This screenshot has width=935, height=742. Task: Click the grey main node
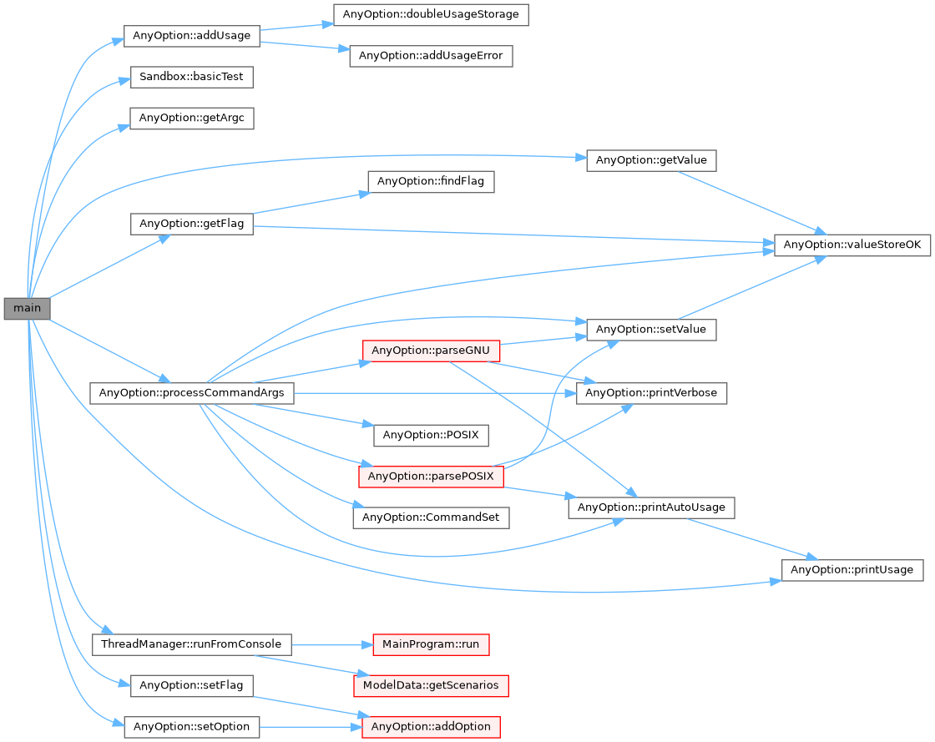coord(27,308)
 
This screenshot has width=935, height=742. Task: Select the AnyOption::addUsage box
coord(192,36)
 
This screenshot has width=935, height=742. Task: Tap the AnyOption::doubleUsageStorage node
coord(430,14)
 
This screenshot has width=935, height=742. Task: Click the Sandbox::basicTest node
coord(191,77)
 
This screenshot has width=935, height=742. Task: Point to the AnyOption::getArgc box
coord(191,118)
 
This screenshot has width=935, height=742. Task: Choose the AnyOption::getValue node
coord(651,160)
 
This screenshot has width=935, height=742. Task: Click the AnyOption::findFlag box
coord(431,181)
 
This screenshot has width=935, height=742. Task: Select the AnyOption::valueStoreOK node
coord(852,245)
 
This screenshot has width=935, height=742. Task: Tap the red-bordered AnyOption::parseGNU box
coord(430,351)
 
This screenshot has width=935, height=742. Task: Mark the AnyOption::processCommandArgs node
coord(191,392)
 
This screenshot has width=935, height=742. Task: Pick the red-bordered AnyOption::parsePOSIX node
coord(431,477)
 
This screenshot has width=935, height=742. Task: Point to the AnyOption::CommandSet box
coord(431,517)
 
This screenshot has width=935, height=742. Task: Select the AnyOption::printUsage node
coord(852,569)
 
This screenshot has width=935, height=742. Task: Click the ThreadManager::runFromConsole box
coord(191,644)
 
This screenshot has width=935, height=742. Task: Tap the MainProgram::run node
coord(430,644)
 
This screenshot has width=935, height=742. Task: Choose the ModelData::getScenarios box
coord(430,685)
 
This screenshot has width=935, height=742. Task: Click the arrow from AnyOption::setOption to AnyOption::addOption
coord(309,727)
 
